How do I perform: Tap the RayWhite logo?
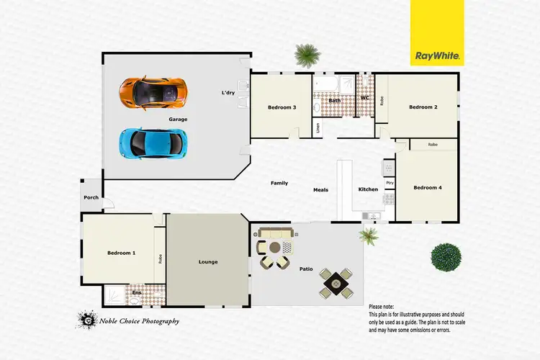pos(438,54)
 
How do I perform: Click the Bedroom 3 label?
pos(282,107)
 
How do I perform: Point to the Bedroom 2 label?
pos(423,107)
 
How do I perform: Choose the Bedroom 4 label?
pos(427,188)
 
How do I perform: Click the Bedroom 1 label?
pos(121,253)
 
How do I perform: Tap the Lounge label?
pos(208,262)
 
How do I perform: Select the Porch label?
pos(91,197)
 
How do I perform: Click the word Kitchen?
pos(368,189)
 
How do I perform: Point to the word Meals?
pos(320,190)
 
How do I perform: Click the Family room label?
pos(279,183)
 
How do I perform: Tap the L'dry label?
pos(228,92)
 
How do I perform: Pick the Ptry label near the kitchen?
pos(390,183)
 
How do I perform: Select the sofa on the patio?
pos(276,233)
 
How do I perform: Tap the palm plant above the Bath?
pos(307,54)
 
